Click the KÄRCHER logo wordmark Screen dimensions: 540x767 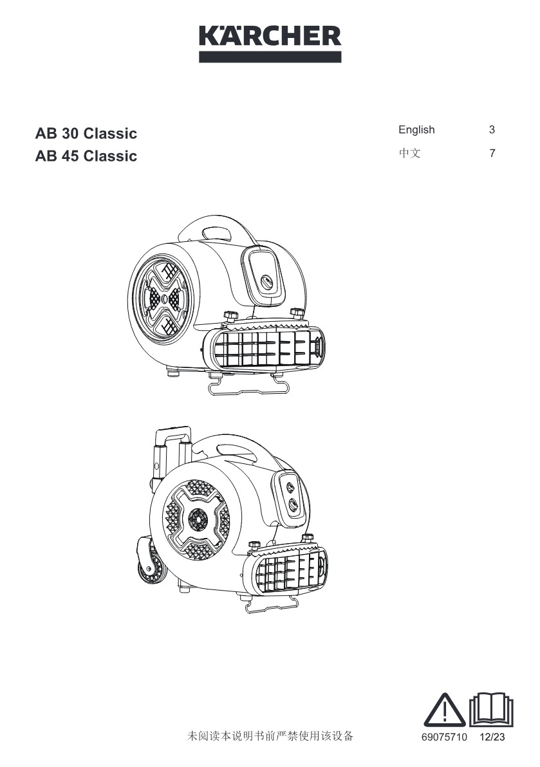(270, 35)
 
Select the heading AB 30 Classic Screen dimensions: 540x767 (86, 133)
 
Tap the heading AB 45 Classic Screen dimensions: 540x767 (86, 156)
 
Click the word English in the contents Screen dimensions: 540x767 (416, 129)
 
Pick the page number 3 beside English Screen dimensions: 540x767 (492, 129)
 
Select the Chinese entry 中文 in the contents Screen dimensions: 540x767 (409, 153)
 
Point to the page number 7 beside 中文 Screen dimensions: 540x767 (492, 153)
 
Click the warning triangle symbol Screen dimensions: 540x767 (444, 710)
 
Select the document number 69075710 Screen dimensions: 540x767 (444, 737)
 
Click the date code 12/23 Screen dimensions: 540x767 (492, 737)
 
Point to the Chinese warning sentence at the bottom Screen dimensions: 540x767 (270, 735)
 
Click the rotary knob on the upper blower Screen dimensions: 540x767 (266, 282)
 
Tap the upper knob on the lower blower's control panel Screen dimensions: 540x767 (290, 486)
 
